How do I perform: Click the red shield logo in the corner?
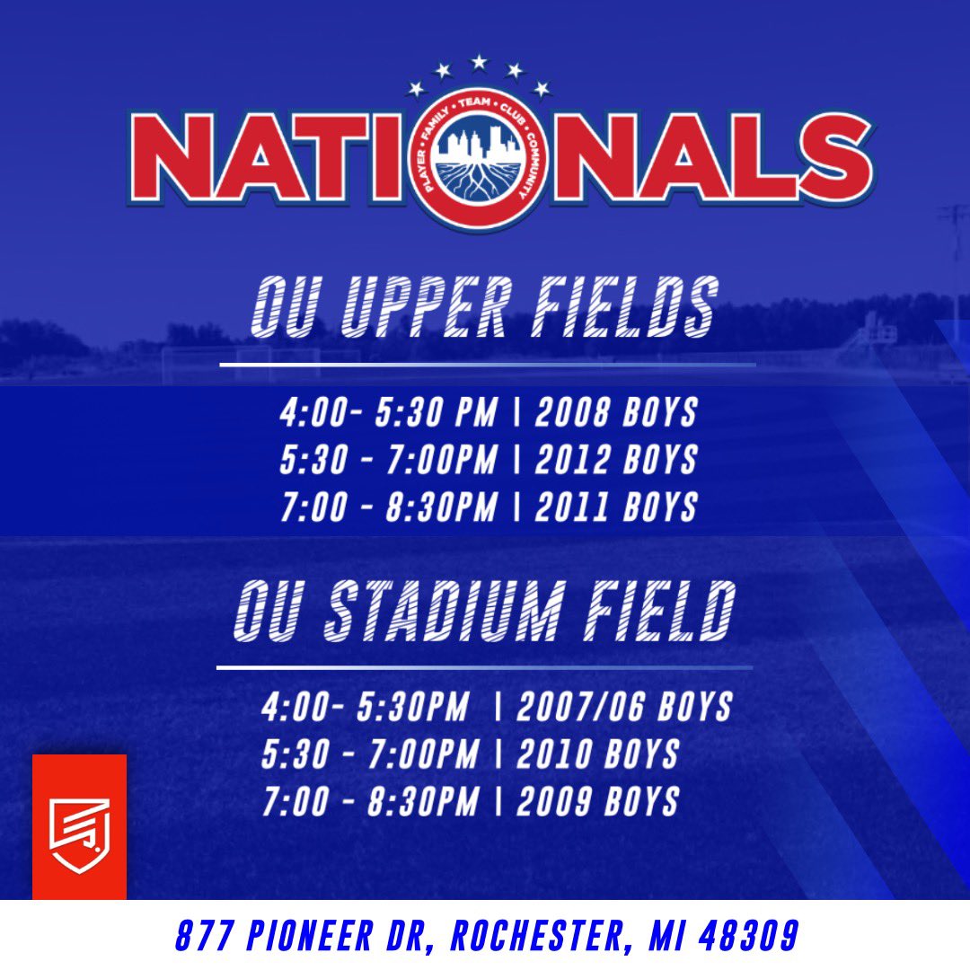(x=79, y=826)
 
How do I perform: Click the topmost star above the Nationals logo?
(x=479, y=62)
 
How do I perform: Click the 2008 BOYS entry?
(x=616, y=414)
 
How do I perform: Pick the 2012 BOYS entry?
(x=616, y=460)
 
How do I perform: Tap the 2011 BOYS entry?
(x=616, y=507)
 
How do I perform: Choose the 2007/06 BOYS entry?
(x=624, y=707)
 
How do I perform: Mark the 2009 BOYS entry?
(x=597, y=801)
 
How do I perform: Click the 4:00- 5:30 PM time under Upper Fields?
(x=387, y=414)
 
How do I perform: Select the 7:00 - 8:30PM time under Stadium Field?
(x=369, y=801)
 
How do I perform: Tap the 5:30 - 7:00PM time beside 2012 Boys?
(x=387, y=460)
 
